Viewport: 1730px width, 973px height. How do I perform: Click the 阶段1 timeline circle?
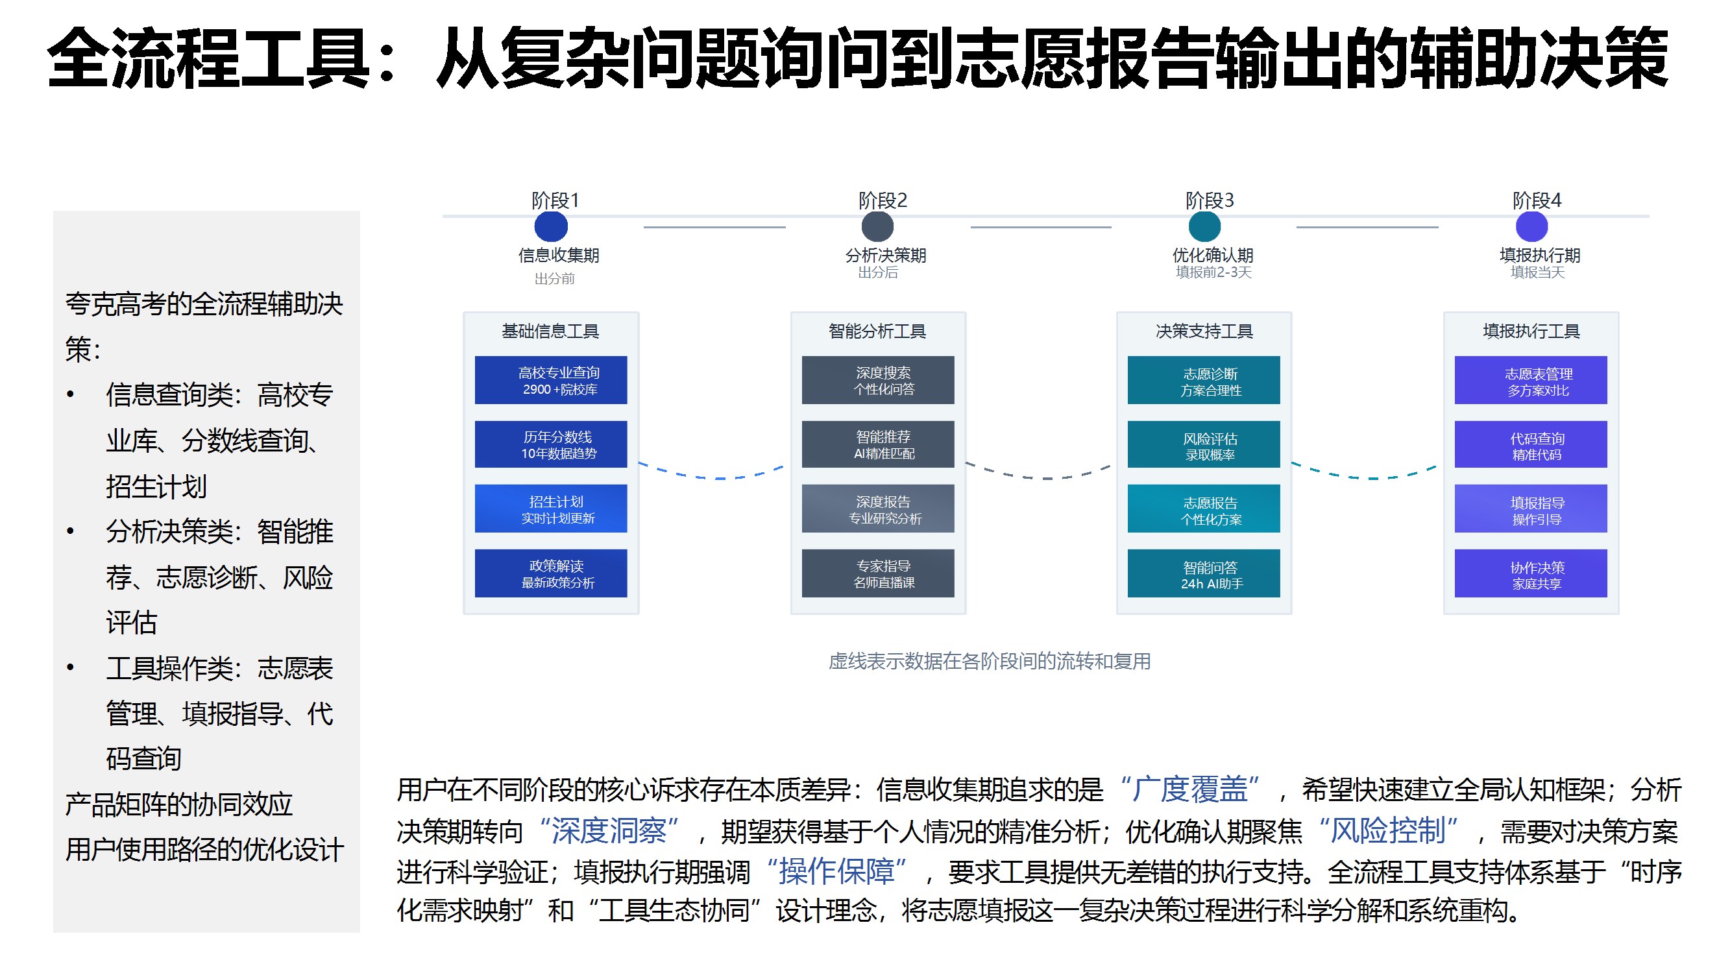click(551, 226)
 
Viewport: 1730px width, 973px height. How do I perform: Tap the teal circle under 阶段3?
click(1204, 226)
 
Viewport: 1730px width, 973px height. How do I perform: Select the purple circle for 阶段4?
click(1532, 226)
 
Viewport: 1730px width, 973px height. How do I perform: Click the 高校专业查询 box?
click(551, 380)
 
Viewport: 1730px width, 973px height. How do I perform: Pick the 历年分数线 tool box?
click(551, 444)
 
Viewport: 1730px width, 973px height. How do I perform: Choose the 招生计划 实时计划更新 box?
click(551, 509)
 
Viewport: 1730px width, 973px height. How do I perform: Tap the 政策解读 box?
click(551, 573)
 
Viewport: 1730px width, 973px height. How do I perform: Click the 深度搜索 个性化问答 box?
click(878, 380)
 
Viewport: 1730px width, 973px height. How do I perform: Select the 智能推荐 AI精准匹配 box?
click(878, 444)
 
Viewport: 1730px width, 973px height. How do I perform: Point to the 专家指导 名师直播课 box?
click(878, 573)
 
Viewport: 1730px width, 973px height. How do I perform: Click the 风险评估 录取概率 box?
click(1204, 444)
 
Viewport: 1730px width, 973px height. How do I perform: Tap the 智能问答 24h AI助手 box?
click(1204, 573)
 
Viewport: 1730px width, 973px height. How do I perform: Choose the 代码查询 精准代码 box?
click(1531, 444)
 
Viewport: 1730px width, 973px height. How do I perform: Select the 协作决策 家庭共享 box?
click(1531, 573)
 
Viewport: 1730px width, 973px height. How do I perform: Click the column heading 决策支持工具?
click(1204, 331)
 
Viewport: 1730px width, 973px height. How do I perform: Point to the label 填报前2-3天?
click(1213, 272)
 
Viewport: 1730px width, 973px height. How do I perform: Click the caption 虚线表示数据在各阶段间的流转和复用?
click(989, 662)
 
